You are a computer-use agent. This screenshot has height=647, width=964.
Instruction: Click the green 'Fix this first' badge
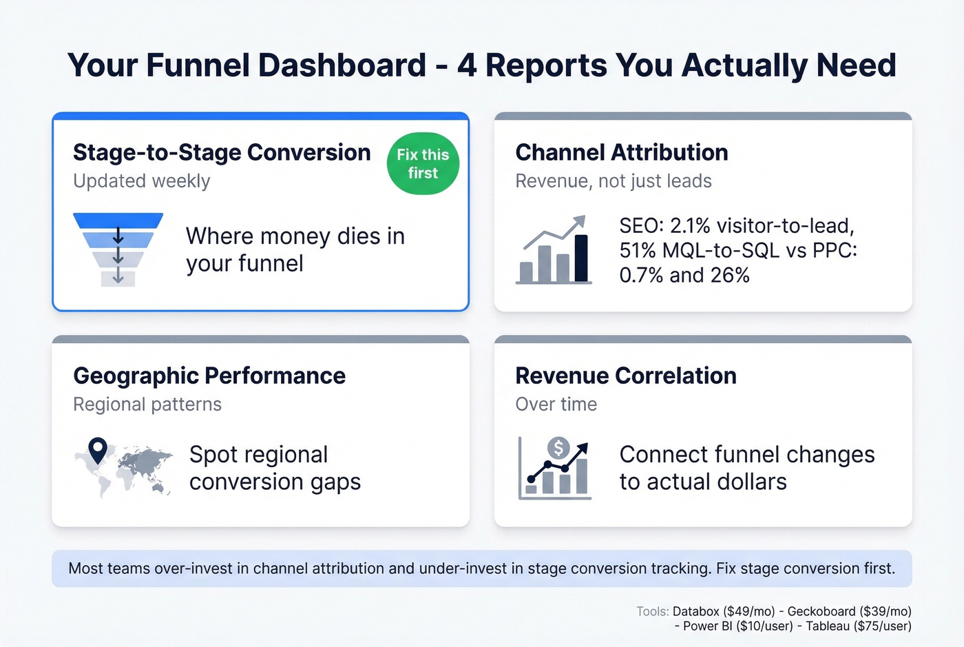click(x=423, y=164)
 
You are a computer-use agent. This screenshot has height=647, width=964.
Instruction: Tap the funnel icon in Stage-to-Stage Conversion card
click(x=118, y=249)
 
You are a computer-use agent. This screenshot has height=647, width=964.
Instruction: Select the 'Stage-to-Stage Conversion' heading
click(x=222, y=152)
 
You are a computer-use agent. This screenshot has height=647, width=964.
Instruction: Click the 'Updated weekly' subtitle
click(x=141, y=181)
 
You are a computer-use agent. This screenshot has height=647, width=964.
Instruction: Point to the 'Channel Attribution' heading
click(x=621, y=152)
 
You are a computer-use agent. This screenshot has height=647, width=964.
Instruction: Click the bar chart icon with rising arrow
click(x=554, y=251)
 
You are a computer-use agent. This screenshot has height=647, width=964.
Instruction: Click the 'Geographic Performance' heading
click(x=209, y=376)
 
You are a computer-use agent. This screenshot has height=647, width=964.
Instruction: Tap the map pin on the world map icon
click(x=98, y=450)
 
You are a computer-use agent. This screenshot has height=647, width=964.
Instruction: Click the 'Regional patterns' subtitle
click(x=147, y=404)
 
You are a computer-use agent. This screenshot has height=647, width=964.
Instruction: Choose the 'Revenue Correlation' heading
click(x=625, y=376)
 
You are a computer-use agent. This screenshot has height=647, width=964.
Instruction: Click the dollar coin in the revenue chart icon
click(x=558, y=449)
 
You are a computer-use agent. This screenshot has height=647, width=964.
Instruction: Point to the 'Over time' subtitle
click(x=556, y=404)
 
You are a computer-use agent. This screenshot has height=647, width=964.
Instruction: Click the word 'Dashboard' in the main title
click(x=342, y=65)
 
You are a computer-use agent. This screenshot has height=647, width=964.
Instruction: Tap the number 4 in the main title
click(x=467, y=65)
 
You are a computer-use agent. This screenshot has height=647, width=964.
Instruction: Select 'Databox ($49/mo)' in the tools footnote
click(x=724, y=611)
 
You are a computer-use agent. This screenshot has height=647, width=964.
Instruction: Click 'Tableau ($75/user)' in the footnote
click(x=858, y=626)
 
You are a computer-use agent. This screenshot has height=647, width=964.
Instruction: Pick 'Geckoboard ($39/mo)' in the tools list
click(x=849, y=611)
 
